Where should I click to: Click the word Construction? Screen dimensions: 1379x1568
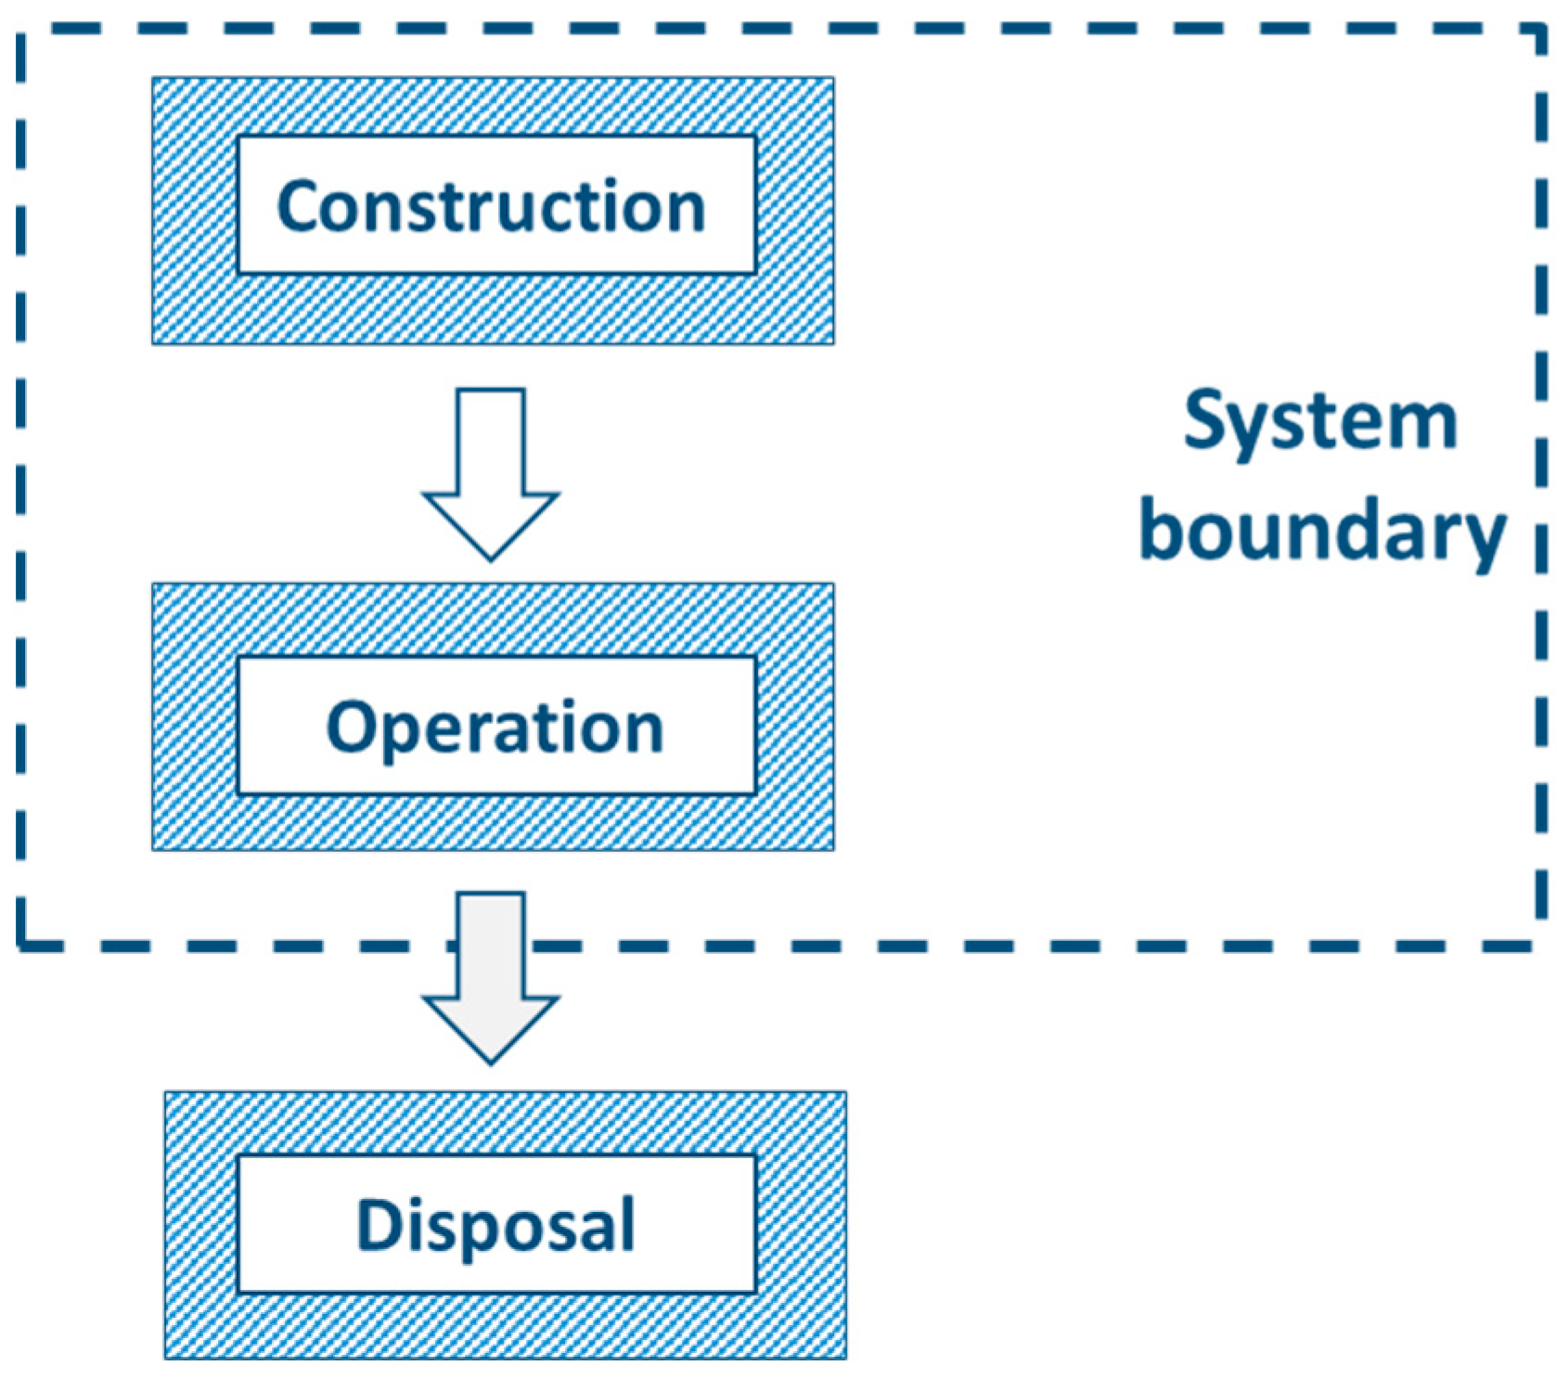click(492, 206)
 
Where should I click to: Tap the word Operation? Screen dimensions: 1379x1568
click(495, 728)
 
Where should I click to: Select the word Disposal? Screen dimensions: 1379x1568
click(496, 1226)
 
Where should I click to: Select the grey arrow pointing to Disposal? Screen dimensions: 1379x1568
click(491, 974)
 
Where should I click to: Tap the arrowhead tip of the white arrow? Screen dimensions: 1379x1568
click(491, 557)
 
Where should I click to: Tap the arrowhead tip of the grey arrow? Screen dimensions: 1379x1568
click(491, 1060)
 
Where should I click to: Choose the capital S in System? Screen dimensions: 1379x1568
click(1205, 420)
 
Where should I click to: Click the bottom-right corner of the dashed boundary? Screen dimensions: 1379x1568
click(1541, 946)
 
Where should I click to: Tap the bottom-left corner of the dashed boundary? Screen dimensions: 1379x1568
click(21, 946)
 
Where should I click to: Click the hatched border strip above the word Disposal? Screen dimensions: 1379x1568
click(506, 1124)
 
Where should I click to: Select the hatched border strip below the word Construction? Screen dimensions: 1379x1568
click(493, 309)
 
